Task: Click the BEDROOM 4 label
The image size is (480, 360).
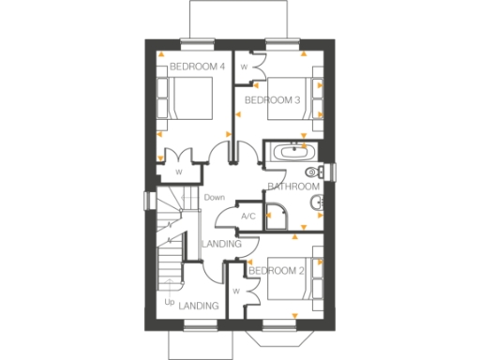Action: pyautogui.click(x=197, y=67)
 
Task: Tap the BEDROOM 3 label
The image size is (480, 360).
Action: pyautogui.click(x=272, y=99)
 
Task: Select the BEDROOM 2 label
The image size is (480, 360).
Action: pyautogui.click(x=277, y=271)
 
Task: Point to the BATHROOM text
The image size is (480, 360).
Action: pyautogui.click(x=293, y=187)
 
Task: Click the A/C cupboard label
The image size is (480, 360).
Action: pyautogui.click(x=248, y=217)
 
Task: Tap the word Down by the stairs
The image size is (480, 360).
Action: pyautogui.click(x=215, y=197)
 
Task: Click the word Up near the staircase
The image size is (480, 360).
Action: pyautogui.click(x=169, y=303)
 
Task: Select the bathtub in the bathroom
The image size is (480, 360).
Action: pyautogui.click(x=292, y=150)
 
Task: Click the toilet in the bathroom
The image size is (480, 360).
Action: pyautogui.click(x=314, y=172)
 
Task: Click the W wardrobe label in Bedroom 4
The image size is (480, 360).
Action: pyautogui.click(x=178, y=172)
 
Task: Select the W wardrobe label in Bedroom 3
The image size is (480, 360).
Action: pyautogui.click(x=245, y=67)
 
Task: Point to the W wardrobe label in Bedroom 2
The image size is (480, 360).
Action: pyautogui.click(x=236, y=291)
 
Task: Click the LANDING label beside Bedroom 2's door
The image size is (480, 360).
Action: pyautogui.click(x=222, y=245)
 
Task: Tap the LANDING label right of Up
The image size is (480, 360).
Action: pyautogui.click(x=200, y=306)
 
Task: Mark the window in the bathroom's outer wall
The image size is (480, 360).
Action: pyautogui.click(x=331, y=171)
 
